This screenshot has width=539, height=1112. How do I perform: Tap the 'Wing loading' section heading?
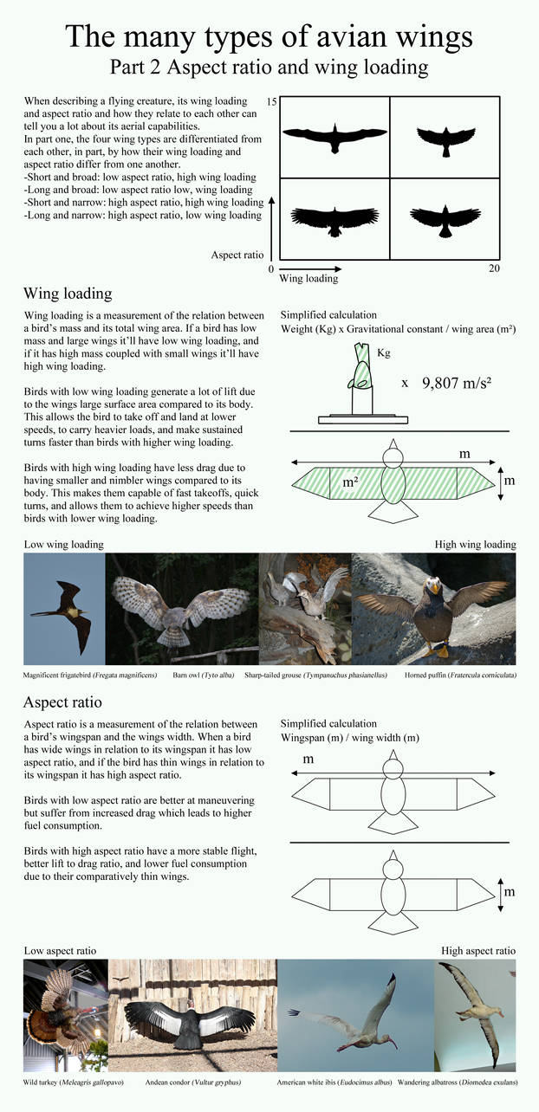point(68,294)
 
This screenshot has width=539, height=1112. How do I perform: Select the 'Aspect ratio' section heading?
point(63,701)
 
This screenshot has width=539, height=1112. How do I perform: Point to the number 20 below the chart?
point(493,269)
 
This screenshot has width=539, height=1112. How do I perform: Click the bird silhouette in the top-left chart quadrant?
point(333,136)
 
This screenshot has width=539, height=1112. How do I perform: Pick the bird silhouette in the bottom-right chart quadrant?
point(445,221)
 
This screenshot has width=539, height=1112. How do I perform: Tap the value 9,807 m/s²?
point(464,382)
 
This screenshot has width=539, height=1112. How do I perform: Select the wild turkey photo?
point(65,1014)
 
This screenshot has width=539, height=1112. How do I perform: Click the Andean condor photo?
point(192,1014)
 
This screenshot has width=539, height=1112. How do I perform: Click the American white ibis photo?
point(355,1014)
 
